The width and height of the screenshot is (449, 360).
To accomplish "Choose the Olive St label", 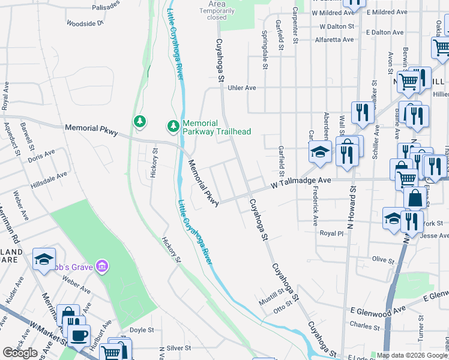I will click(x=382, y=260).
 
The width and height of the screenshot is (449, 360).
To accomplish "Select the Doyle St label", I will click(x=142, y=330).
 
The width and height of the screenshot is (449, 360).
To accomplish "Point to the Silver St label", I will click(x=178, y=347).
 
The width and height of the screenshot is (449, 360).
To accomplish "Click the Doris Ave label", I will click(x=41, y=155).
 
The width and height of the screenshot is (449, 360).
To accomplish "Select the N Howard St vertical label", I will click(x=352, y=203).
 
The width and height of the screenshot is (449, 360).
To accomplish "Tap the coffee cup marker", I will click(x=78, y=334).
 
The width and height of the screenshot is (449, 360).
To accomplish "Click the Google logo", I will click(x=20, y=353).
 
